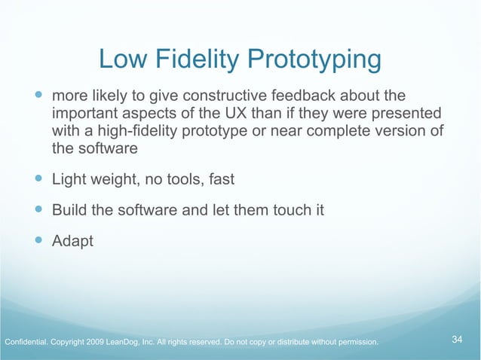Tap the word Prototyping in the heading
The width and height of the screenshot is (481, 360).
[x=320, y=60]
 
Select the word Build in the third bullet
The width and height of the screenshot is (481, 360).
[x=69, y=210]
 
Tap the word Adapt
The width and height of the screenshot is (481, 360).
[x=72, y=241]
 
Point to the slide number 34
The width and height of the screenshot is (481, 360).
[x=457, y=340]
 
